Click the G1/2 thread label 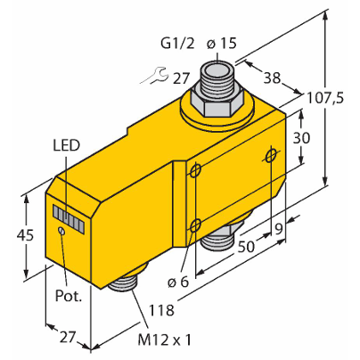(x=177, y=44)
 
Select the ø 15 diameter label (x=222, y=44)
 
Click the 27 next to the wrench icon (x=180, y=78)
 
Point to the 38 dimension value (x=272, y=78)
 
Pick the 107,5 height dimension (x=324, y=98)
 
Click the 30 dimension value (x=301, y=138)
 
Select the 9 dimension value (x=278, y=229)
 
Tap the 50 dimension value (x=246, y=246)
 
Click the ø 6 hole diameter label (x=178, y=282)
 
